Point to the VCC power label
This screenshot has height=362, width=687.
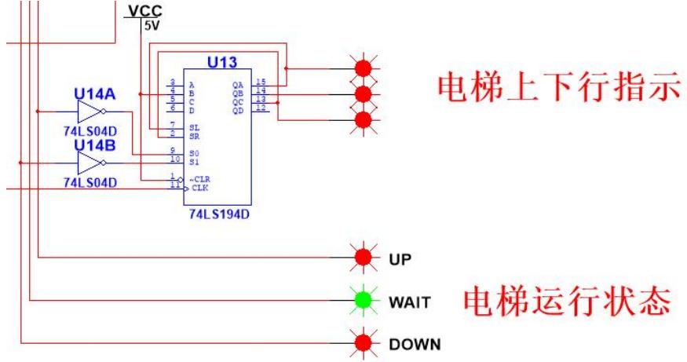pyautogui.click(x=137, y=10)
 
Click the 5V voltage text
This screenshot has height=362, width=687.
pyautogui.click(x=149, y=24)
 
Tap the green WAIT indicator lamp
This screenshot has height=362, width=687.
pyautogui.click(x=363, y=299)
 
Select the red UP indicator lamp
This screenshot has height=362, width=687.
pyautogui.click(x=363, y=257)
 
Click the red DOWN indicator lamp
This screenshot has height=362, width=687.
pyautogui.click(x=363, y=342)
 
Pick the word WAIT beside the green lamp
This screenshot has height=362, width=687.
pyautogui.click(x=407, y=300)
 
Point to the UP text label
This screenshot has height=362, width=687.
pyautogui.click(x=399, y=258)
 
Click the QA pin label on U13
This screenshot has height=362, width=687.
pyautogui.click(x=237, y=84)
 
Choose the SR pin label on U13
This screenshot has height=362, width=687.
pyautogui.click(x=194, y=135)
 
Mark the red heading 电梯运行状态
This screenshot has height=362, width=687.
pyautogui.click(x=565, y=301)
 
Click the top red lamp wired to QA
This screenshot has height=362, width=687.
pyautogui.click(x=363, y=68)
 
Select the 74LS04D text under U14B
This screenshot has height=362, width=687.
pyautogui.click(x=90, y=182)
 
